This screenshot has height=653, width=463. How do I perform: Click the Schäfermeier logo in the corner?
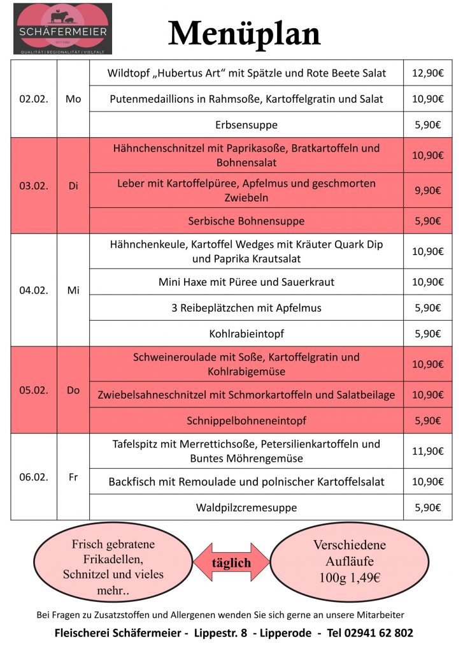point(62,29)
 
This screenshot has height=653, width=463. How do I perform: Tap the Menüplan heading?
point(245,33)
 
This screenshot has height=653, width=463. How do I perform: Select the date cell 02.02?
point(34,99)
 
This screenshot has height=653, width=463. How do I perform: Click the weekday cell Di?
point(73,186)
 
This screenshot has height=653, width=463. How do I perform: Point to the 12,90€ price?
point(427,73)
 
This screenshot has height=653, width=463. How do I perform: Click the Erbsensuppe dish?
point(246,125)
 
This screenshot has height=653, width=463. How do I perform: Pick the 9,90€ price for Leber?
point(427,190)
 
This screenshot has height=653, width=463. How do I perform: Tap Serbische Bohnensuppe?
point(246,221)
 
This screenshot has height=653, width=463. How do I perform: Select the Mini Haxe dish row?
point(246,282)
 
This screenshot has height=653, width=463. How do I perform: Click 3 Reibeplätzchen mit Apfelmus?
point(246,308)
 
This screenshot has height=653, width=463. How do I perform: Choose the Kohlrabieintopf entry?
point(246,334)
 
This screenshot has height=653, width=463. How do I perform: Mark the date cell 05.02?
point(34,390)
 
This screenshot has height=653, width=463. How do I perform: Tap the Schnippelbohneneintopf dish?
point(246,421)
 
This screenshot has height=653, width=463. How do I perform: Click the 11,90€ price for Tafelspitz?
point(427,451)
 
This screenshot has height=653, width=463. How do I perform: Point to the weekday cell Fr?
point(73,477)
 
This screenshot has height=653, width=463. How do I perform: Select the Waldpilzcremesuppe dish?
point(246,508)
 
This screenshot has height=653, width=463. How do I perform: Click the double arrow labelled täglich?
point(231,563)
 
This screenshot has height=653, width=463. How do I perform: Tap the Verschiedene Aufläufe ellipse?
point(350,562)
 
